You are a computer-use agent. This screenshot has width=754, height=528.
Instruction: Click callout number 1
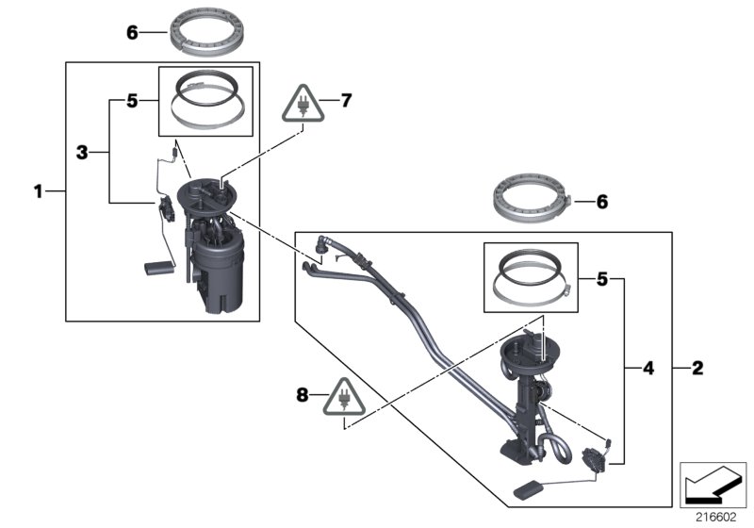[39, 191]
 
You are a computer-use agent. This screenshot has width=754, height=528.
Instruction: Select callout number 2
[697, 367]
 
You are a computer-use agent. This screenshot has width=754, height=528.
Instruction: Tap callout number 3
[82, 151]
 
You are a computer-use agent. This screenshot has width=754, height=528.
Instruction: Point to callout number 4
[648, 367]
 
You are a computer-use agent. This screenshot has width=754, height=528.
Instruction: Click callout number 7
[346, 99]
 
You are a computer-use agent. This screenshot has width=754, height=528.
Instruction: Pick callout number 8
[303, 396]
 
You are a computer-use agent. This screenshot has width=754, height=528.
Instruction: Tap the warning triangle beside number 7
[302, 105]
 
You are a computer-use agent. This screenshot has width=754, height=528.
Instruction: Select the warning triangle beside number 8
[343, 402]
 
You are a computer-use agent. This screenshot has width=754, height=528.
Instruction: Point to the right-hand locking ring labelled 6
[533, 200]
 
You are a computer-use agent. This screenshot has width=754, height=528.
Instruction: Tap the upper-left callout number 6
[133, 32]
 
